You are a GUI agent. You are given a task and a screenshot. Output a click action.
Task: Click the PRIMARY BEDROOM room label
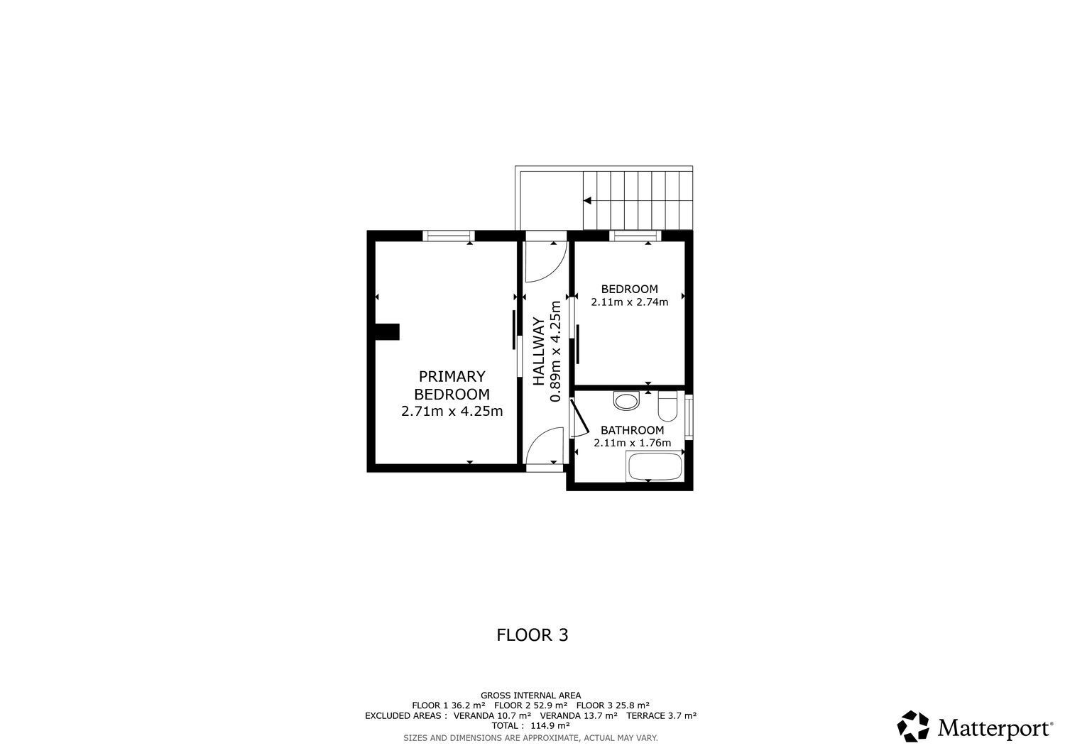(452, 385)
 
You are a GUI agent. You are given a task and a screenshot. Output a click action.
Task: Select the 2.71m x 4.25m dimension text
(452, 411)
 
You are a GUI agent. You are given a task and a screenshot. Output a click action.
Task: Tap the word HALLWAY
(539, 351)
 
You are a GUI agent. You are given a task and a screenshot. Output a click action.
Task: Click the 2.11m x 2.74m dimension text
(629, 302)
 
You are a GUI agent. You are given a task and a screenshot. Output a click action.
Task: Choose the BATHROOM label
(632, 430)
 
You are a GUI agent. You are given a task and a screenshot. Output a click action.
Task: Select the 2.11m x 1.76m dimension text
(632, 443)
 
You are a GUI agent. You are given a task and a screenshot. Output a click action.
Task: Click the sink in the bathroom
(626, 402)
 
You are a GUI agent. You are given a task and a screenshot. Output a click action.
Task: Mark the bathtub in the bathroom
(654, 468)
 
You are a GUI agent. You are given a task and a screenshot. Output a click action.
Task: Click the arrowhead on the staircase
(587, 201)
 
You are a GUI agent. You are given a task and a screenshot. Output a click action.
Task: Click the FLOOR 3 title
(532, 634)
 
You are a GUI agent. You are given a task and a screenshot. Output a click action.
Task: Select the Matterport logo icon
(914, 727)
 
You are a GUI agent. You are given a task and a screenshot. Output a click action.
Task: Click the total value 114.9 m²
(550, 725)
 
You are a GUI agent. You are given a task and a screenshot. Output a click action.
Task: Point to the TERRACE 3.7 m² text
(661, 715)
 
